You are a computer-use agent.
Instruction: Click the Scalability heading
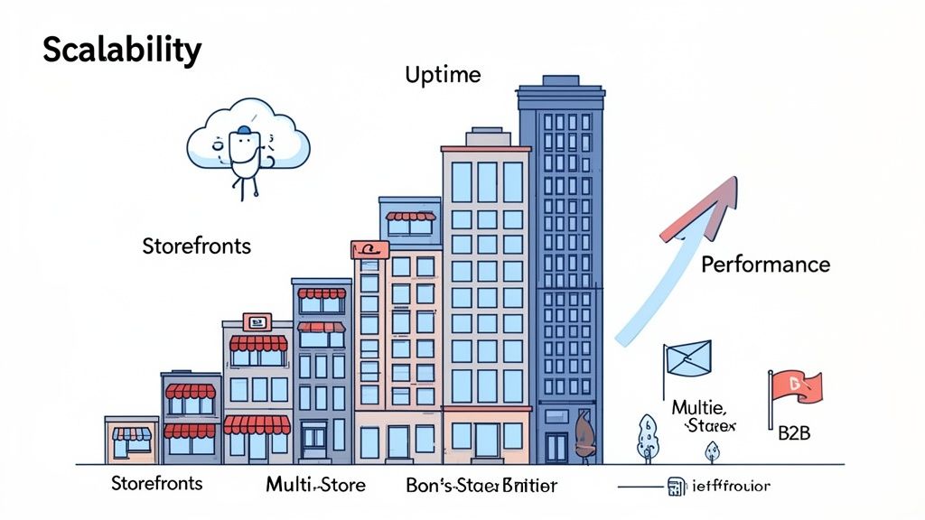tap(122, 51)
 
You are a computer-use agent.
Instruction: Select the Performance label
tap(765, 265)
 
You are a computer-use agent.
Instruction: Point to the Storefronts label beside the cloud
tap(196, 246)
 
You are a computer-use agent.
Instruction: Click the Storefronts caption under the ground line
tap(157, 483)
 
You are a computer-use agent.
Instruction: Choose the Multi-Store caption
tap(315, 485)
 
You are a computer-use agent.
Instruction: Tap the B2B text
tap(794, 433)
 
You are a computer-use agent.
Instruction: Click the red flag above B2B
tap(795, 385)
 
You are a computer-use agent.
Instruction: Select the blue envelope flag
tap(687, 359)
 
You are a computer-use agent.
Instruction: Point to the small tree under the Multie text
tap(711, 450)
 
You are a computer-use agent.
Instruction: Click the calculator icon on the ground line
tap(674, 486)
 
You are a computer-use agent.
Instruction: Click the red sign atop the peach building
tap(370, 250)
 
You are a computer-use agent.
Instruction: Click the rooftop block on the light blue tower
tap(485, 138)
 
